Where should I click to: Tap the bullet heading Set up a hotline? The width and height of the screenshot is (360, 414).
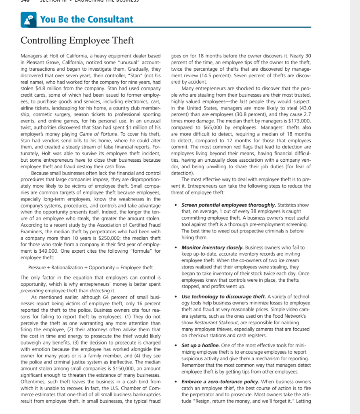[x=200, y=345]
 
